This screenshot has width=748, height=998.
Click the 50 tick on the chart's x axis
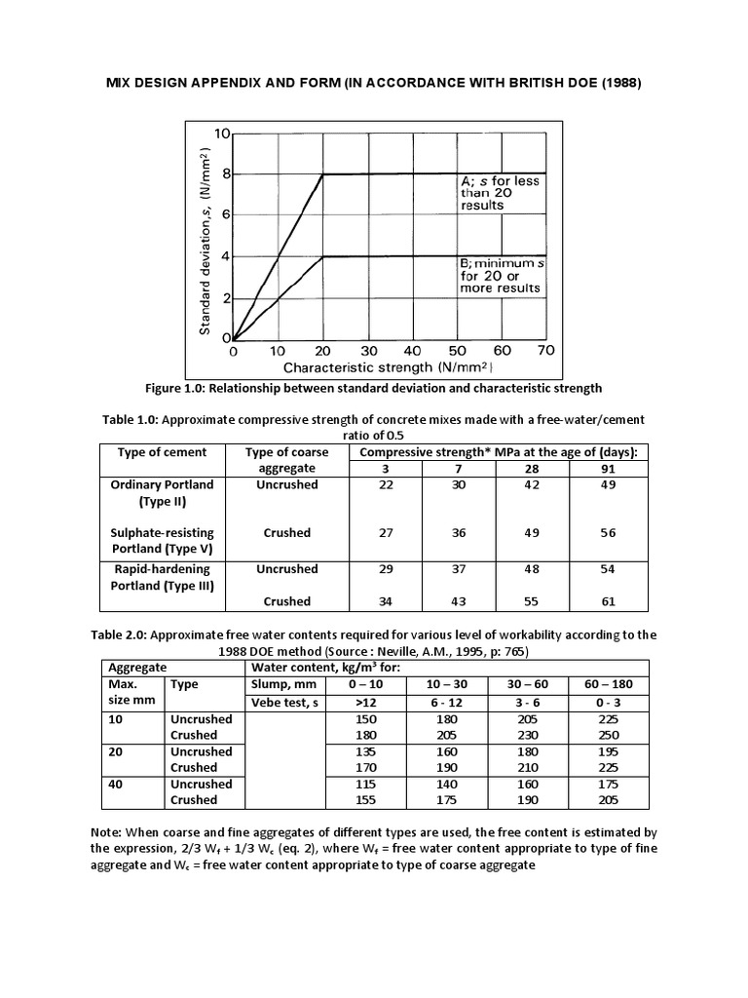tap(457, 351)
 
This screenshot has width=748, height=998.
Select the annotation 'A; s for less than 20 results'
tap(499, 193)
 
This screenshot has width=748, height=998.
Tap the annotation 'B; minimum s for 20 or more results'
tap(499, 276)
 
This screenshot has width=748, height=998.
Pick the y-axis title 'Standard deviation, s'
tap(206, 242)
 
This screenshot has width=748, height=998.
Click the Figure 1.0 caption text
tap(374, 388)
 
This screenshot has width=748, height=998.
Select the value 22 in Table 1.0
tap(387, 484)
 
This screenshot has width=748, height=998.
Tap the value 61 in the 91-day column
tap(608, 601)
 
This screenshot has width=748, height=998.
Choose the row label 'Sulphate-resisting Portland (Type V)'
tap(162, 541)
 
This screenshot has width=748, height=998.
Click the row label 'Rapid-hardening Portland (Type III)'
tap(162, 576)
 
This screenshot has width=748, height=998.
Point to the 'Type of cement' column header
tap(162, 452)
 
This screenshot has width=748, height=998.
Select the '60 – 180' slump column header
tap(607, 685)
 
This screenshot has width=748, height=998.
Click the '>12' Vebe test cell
tap(356, 702)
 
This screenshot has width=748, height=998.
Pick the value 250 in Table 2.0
tap(607, 735)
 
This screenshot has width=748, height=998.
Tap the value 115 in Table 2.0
tap(356, 784)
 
